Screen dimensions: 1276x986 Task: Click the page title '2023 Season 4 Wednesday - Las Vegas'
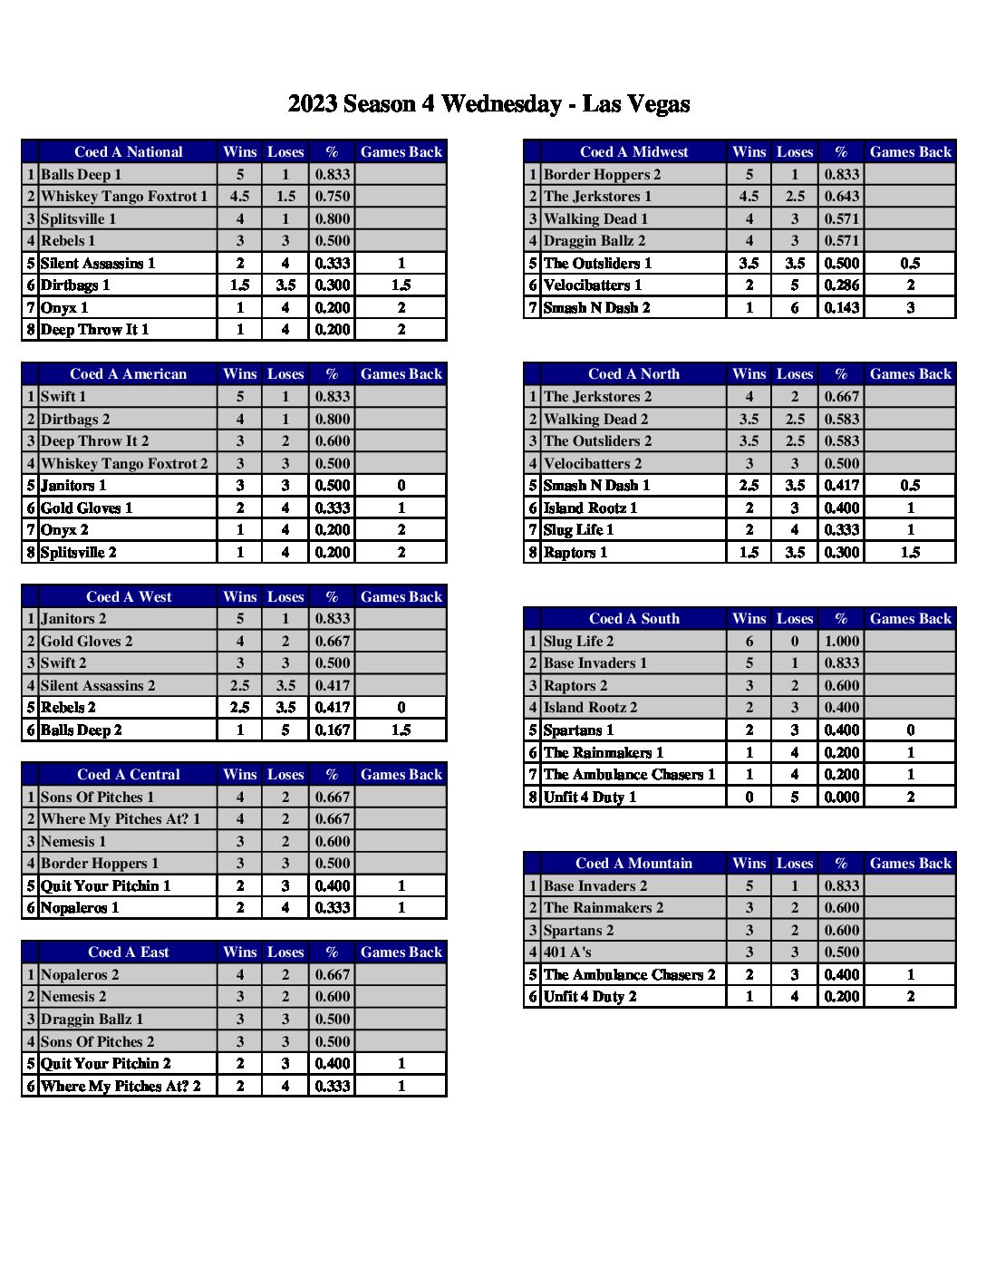(488, 104)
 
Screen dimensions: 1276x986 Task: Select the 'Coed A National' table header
(128, 152)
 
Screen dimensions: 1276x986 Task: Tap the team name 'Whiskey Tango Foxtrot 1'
(124, 197)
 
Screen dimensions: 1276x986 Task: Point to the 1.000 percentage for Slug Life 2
(841, 642)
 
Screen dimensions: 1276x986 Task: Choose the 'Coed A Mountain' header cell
(633, 864)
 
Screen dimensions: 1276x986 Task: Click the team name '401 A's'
(567, 952)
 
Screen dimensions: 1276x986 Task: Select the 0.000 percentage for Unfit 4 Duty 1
(841, 797)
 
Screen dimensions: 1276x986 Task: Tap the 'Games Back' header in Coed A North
(910, 374)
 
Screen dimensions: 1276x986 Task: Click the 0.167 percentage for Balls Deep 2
(333, 730)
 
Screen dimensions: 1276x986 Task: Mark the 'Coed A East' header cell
(128, 952)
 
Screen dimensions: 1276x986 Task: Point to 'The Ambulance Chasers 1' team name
(629, 775)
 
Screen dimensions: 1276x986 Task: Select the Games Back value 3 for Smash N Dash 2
(910, 308)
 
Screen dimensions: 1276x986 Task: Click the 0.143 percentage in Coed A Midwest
(841, 308)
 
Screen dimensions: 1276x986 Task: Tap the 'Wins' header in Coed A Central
(240, 775)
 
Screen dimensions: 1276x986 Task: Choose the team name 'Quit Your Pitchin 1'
(105, 886)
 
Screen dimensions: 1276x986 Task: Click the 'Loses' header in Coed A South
(795, 619)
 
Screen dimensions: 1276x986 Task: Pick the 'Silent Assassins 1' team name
(98, 264)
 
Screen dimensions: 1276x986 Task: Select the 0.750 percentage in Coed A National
(333, 197)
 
